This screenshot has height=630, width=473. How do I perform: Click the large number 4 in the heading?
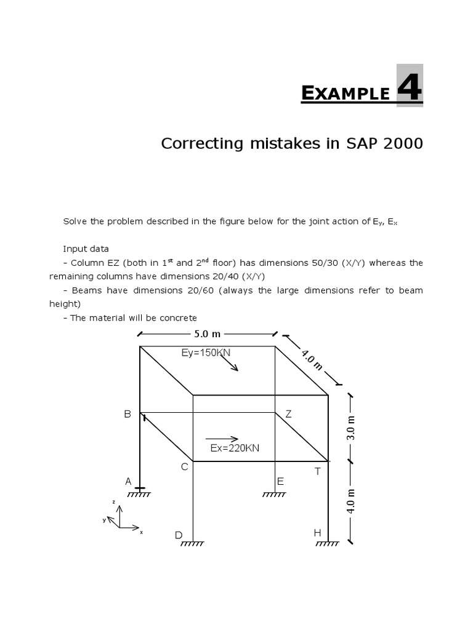pos(409,86)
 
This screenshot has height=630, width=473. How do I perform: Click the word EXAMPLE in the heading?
pos(346,93)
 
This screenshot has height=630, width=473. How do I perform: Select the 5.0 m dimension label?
pos(208,334)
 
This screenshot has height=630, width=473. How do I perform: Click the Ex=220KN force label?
pos(235,448)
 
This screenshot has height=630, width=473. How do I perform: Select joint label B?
pos(127,414)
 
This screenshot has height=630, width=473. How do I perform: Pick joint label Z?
pos(288,414)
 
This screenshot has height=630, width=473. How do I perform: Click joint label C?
pos(184,467)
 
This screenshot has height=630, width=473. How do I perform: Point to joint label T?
pos(318,471)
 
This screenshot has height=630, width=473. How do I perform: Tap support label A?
pos(129,481)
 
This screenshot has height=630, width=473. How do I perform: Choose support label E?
pos(280,481)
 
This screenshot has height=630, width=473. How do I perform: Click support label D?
pos(179,535)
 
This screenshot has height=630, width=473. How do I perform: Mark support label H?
pos(318,533)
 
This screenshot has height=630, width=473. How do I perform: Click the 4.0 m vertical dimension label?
pos(352,501)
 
